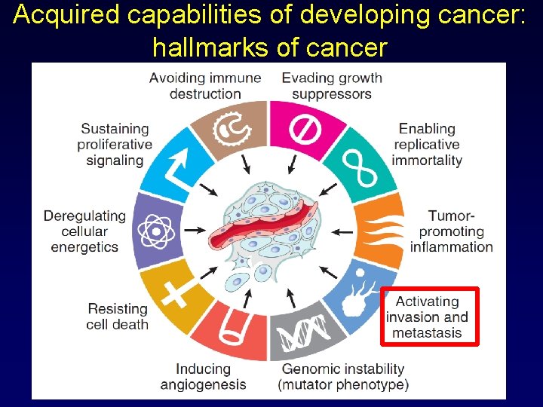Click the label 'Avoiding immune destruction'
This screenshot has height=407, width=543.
pyautogui.click(x=205, y=86)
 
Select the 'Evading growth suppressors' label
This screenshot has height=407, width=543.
pyautogui.click(x=332, y=86)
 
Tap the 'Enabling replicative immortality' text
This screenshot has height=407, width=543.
pyautogui.click(x=427, y=144)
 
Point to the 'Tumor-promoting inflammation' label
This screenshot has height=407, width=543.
pyautogui.click(x=451, y=231)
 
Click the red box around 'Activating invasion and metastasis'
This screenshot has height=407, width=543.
pyautogui.click(x=430, y=317)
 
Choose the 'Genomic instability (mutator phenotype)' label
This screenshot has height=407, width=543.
pyautogui.click(x=343, y=377)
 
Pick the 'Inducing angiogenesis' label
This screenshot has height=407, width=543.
pyautogui.click(x=203, y=377)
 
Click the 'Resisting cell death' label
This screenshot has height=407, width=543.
pyautogui.click(x=118, y=317)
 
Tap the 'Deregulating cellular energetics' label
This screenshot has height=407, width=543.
pyautogui.click(x=84, y=231)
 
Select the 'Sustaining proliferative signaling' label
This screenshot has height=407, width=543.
pyautogui.click(x=115, y=144)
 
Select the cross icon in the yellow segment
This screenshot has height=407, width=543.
pyautogui.click(x=175, y=292)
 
